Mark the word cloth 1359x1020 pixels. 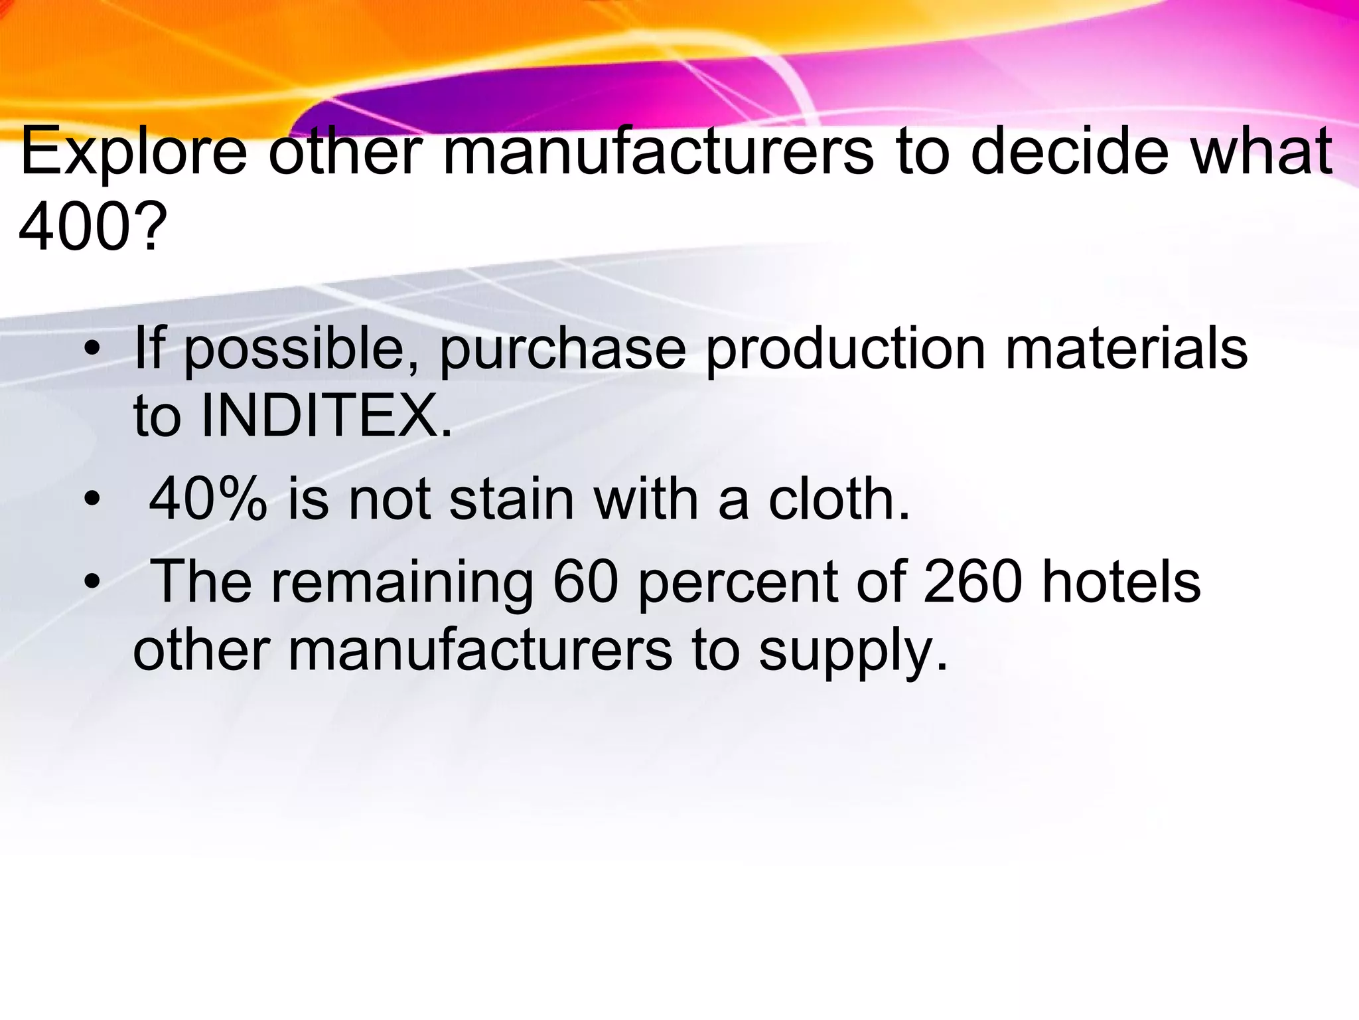click(839, 499)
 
